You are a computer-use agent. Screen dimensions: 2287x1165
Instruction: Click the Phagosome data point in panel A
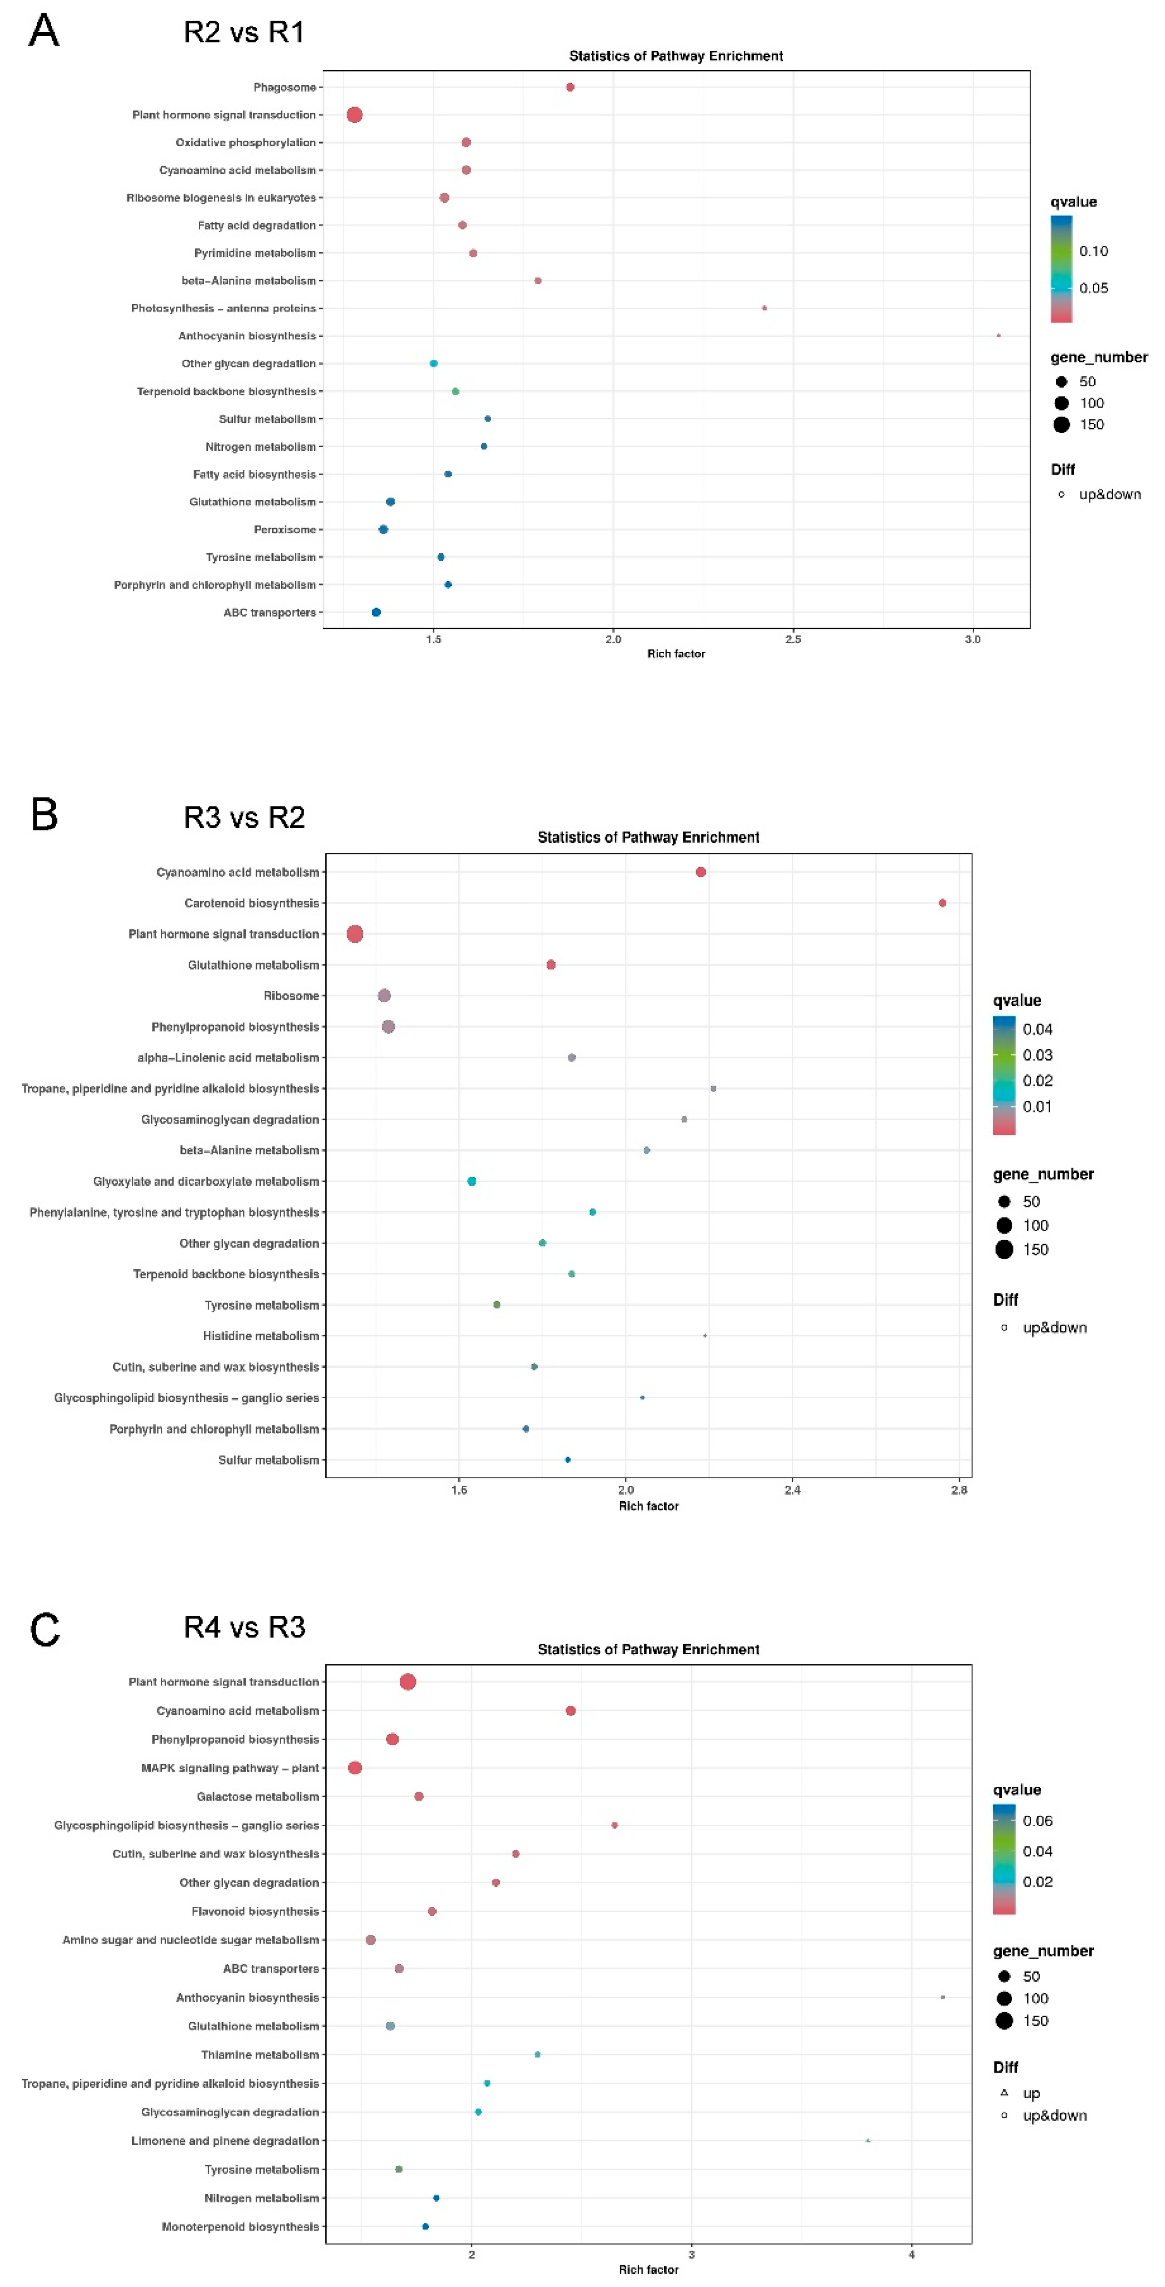click(x=570, y=87)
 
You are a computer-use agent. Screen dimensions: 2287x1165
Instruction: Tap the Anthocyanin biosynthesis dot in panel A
click(x=998, y=335)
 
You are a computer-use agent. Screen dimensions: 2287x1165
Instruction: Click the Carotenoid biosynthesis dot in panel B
click(x=942, y=903)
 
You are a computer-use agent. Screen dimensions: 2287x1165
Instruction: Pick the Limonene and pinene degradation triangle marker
click(x=868, y=2141)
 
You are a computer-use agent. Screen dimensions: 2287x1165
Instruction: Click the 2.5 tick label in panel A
click(x=793, y=639)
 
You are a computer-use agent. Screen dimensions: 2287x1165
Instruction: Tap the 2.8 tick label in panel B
click(x=959, y=1490)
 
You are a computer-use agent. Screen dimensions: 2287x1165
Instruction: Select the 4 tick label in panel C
click(x=911, y=2254)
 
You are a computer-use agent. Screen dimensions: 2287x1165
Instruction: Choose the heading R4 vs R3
click(x=244, y=1627)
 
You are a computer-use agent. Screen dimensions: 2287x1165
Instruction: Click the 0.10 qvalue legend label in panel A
click(x=1093, y=251)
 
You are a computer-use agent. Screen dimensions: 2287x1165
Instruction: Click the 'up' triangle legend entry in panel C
click(x=1004, y=2093)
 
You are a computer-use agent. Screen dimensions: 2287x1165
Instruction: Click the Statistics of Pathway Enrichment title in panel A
click(x=676, y=56)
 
